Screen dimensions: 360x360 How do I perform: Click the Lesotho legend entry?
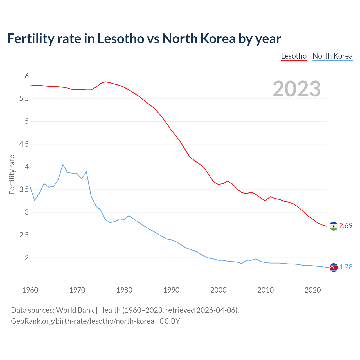[x=294, y=56]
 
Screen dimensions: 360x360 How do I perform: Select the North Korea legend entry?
[x=332, y=56]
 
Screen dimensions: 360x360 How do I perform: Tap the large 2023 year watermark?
[x=297, y=89]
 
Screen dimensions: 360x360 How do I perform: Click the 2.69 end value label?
[x=346, y=226]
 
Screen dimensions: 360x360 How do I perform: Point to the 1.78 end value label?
[x=346, y=267]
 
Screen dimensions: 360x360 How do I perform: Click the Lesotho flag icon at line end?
[x=334, y=226]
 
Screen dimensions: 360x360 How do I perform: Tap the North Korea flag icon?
[x=334, y=267]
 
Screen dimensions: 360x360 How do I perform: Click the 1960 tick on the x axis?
[x=30, y=290]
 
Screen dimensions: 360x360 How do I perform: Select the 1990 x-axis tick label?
[x=171, y=290]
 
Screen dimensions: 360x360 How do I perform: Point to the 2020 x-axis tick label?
[x=312, y=290]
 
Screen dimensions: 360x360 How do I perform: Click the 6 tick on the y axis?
[x=27, y=76]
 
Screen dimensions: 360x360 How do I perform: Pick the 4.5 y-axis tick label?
[x=24, y=144]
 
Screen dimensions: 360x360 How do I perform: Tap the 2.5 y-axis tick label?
[x=24, y=235]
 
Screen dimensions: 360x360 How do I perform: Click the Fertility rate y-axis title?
[x=12, y=174]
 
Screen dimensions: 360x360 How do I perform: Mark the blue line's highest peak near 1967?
[x=63, y=164]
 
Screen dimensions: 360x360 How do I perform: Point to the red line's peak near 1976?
[x=105, y=82]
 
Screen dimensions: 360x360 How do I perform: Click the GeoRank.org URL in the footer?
[x=82, y=321]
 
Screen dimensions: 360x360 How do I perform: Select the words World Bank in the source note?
[x=75, y=310]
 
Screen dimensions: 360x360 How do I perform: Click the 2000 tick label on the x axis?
[x=218, y=290]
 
